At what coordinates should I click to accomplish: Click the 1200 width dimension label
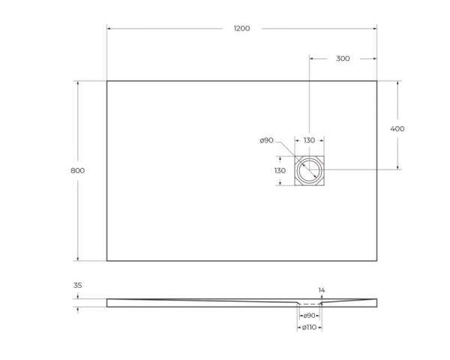pyautogui.click(x=241, y=28)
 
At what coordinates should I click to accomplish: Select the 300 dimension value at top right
pyautogui.click(x=342, y=58)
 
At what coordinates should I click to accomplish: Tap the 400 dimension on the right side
pyautogui.click(x=397, y=128)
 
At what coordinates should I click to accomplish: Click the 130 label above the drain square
pyautogui.click(x=309, y=140)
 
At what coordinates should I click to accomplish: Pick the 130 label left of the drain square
pyautogui.click(x=280, y=170)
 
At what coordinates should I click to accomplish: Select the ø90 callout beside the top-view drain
pyautogui.click(x=265, y=140)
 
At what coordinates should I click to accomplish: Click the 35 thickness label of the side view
pyautogui.click(x=77, y=285)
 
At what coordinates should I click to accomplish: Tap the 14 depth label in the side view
pyautogui.click(x=321, y=289)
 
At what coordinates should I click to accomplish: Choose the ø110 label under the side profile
pyautogui.click(x=309, y=328)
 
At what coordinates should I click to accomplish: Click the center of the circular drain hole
pyautogui.click(x=309, y=170)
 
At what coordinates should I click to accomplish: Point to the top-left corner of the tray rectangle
pyautogui.click(x=107, y=81)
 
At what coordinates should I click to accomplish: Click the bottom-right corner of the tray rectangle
pyautogui.click(x=376, y=260)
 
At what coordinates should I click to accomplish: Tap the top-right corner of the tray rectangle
pyautogui.click(x=376, y=81)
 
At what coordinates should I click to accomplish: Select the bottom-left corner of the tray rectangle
pyautogui.click(x=107, y=260)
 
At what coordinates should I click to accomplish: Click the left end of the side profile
pyautogui.click(x=108, y=302)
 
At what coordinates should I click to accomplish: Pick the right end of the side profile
pyautogui.click(x=376, y=302)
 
